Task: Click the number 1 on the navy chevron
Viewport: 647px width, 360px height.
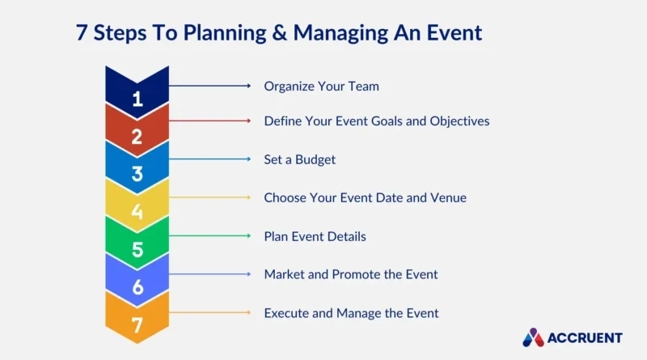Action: click(x=137, y=99)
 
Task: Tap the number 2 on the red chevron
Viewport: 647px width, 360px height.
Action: click(x=137, y=137)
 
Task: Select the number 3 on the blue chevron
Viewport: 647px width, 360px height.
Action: click(x=137, y=174)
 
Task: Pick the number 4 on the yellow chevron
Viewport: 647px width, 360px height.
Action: click(x=137, y=212)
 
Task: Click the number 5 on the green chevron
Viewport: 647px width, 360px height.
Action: click(x=137, y=250)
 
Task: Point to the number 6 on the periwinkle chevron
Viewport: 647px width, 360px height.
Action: click(x=137, y=287)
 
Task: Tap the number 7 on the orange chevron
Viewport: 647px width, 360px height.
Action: click(x=137, y=325)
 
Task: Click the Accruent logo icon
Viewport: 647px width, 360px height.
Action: click(x=533, y=337)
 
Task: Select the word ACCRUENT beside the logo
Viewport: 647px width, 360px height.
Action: click(x=585, y=338)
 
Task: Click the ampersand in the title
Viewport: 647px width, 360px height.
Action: click(x=279, y=32)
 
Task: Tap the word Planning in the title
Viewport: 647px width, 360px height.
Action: click(x=225, y=33)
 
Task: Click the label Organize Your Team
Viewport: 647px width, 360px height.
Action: click(x=321, y=87)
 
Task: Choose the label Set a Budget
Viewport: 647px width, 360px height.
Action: click(x=299, y=159)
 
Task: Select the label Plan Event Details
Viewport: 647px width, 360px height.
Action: click(x=315, y=236)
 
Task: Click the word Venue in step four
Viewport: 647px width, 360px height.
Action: click(x=449, y=197)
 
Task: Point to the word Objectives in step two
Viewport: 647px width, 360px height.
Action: click(x=459, y=121)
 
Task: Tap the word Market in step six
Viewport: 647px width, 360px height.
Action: click(x=285, y=274)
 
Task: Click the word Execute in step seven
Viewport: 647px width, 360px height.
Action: click(x=286, y=313)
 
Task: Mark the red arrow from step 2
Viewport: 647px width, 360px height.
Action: click(x=209, y=121)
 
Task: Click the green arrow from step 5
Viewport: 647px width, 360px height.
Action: click(x=209, y=235)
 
